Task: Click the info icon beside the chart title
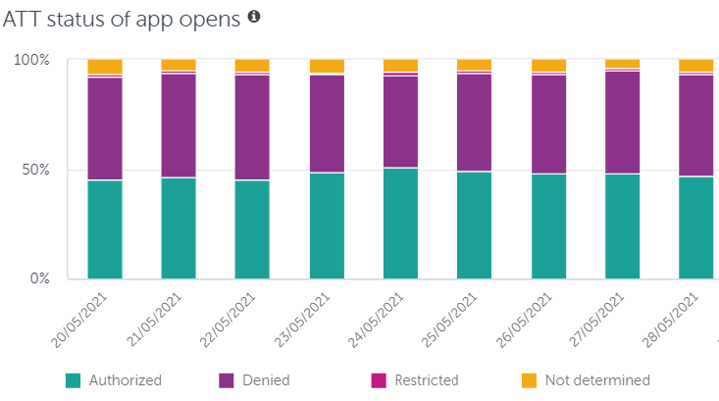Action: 254,17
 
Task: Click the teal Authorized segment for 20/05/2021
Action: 105,229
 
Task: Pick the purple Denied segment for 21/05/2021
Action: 179,125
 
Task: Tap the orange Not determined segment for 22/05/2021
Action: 252,65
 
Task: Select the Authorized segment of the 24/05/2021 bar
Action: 400,224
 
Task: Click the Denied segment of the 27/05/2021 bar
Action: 622,122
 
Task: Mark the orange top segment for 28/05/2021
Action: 696,65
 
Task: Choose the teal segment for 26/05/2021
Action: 548,226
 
